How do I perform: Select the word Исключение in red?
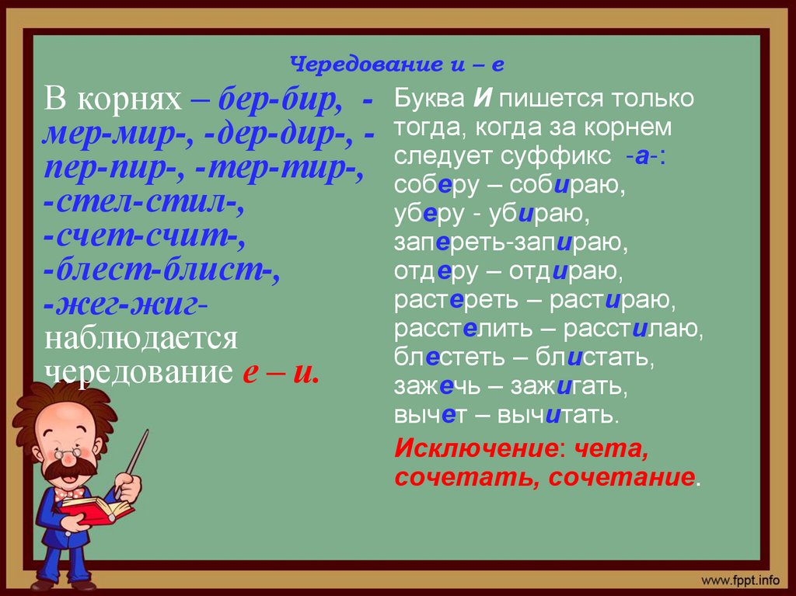pos(476,448)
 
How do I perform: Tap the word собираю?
pos(567,186)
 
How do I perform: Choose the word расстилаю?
pos(633,329)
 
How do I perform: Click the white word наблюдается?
pos(141,338)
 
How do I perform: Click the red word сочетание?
pos(621,477)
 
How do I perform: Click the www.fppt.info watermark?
pos(741,580)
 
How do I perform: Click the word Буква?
pos(429,98)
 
